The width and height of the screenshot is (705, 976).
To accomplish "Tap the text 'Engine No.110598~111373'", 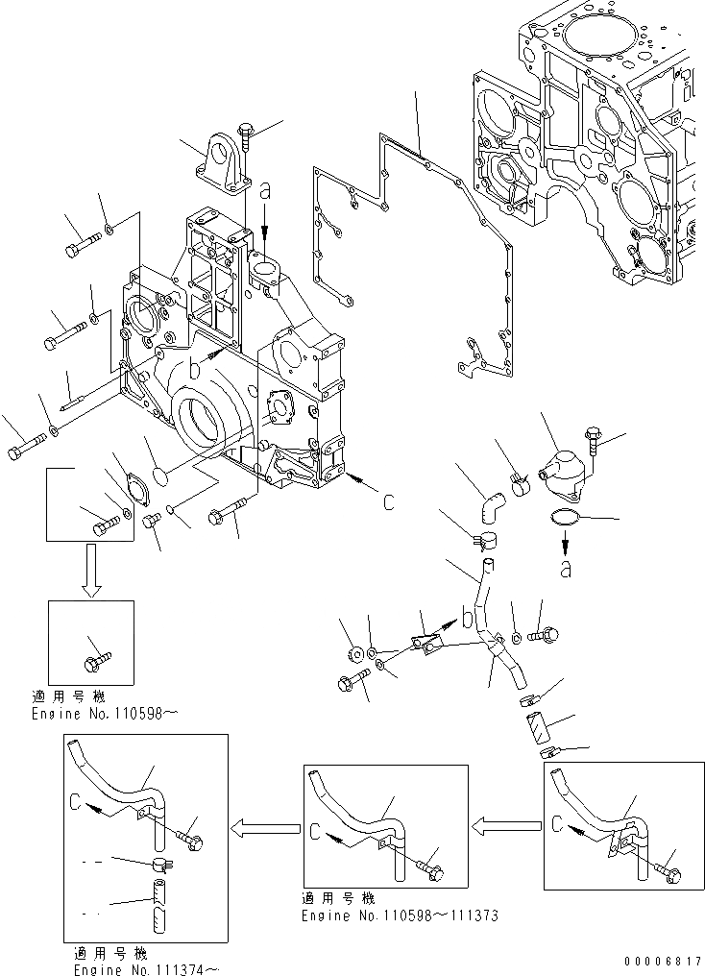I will [x=400, y=916].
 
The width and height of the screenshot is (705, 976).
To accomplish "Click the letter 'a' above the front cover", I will [x=265, y=192].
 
